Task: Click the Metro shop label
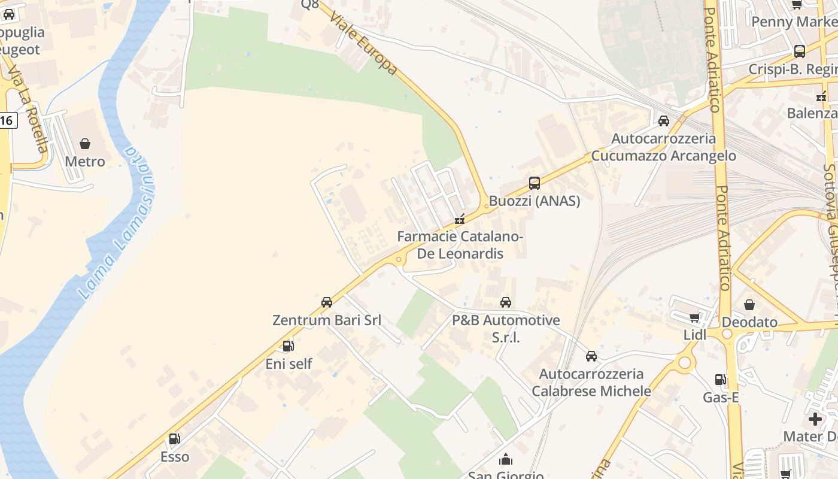(x=84, y=162)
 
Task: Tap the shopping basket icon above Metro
(x=85, y=144)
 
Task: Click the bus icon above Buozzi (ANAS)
(x=535, y=183)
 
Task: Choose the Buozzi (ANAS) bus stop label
(x=535, y=201)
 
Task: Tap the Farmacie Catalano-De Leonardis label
(x=460, y=245)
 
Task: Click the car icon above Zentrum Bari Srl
(x=327, y=302)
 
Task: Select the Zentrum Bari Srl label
(x=327, y=320)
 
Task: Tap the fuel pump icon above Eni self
(x=289, y=345)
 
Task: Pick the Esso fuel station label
(x=175, y=457)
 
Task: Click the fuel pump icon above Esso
(x=175, y=439)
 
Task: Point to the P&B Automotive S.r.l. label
(x=506, y=329)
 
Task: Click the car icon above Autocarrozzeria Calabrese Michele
(x=591, y=356)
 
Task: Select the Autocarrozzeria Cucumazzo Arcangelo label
(x=663, y=147)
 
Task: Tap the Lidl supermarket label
(x=695, y=335)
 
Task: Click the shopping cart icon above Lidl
(x=694, y=317)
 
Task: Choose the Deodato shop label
(x=749, y=322)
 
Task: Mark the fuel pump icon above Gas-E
(x=720, y=379)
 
